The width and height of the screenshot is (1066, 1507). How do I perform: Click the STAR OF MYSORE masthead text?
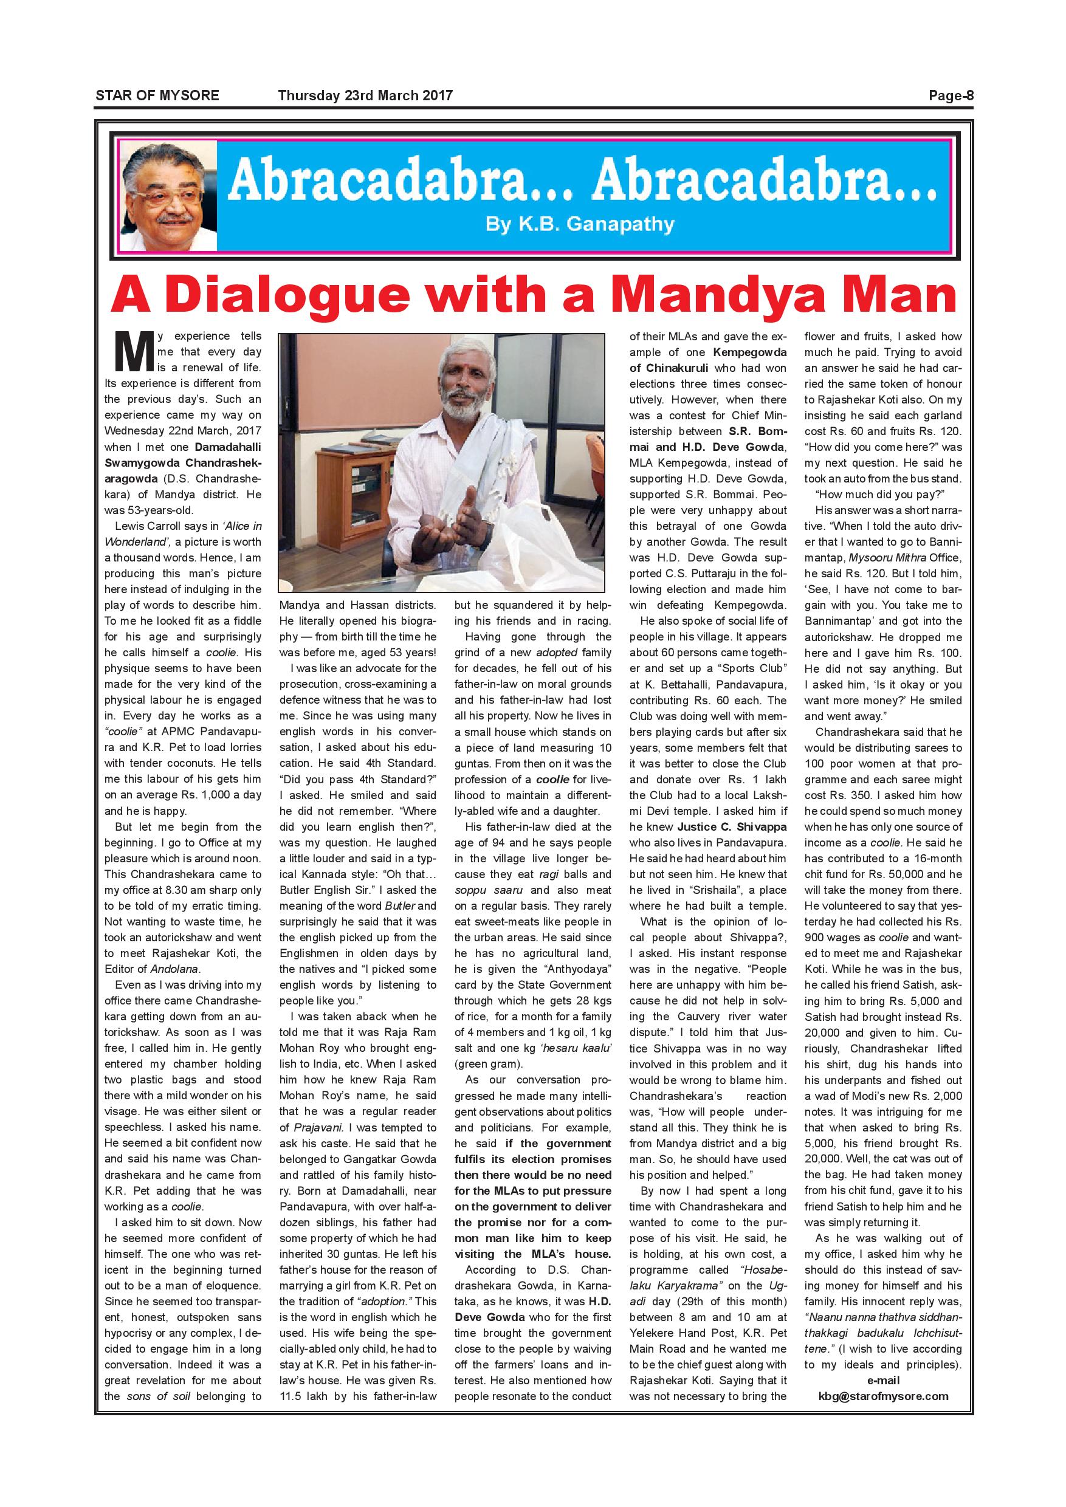pos(157,96)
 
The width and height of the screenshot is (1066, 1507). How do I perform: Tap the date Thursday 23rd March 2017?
pos(365,96)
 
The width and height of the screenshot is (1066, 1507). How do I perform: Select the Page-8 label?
pos(951,96)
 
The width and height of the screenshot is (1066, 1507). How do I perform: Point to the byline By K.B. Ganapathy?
pos(580,224)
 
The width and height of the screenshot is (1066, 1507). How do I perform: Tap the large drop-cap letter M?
pos(130,353)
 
